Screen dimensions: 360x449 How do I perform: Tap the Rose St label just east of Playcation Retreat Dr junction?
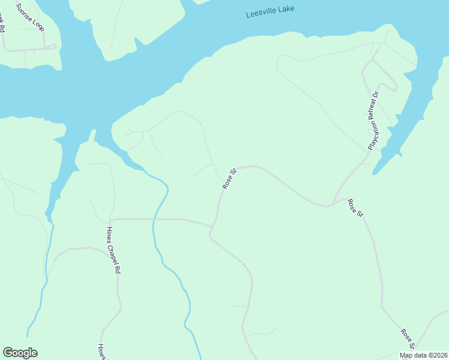click(x=355, y=208)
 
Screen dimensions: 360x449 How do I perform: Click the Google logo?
click(x=20, y=353)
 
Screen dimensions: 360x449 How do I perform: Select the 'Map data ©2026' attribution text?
click(x=424, y=355)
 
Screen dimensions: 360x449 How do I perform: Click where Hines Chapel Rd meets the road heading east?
click(x=111, y=220)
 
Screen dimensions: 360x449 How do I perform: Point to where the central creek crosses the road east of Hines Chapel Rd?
click(x=154, y=220)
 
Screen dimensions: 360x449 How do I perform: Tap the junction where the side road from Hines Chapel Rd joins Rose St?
click(x=211, y=227)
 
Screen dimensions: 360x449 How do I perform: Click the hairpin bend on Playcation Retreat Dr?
click(x=394, y=88)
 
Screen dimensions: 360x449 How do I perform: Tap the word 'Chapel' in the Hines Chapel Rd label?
click(x=112, y=251)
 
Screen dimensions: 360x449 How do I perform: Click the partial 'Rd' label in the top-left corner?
click(x=2, y=26)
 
